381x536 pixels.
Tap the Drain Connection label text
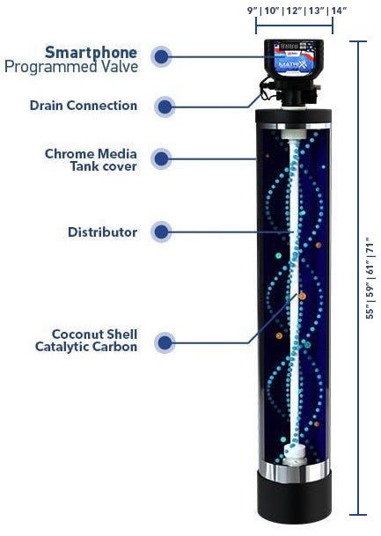tap(96, 106)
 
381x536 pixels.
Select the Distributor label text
tap(103, 232)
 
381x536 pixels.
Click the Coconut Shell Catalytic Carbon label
tap(95, 341)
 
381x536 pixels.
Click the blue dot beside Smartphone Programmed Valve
tap(161, 56)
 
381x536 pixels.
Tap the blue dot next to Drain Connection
tap(163, 106)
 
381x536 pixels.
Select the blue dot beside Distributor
tap(161, 232)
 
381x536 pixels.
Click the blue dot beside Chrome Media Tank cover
tap(161, 159)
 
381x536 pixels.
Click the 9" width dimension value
tap(252, 11)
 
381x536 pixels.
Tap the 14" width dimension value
tap(339, 11)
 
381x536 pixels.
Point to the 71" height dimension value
tap(371, 239)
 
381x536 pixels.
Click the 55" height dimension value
tap(371, 310)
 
